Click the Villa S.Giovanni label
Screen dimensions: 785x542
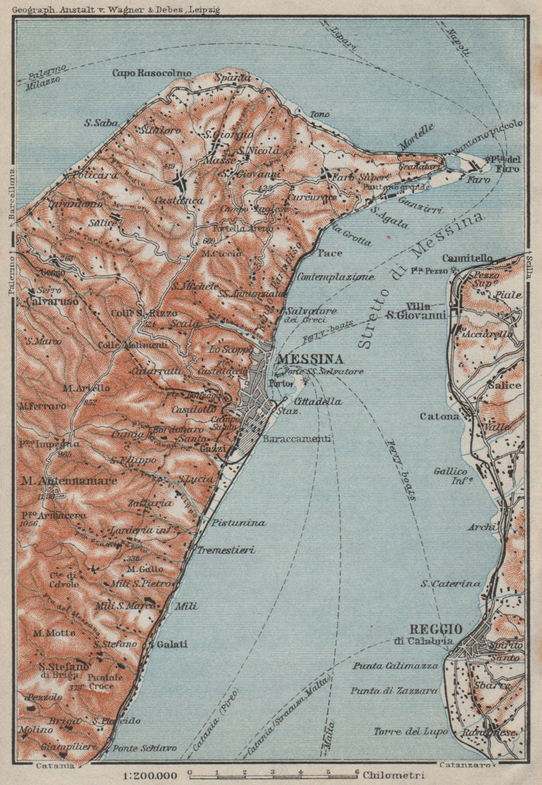coord(423,310)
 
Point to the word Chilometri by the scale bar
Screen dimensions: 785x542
coord(393,775)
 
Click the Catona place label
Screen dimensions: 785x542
coord(439,416)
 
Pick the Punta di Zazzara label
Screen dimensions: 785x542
coord(394,690)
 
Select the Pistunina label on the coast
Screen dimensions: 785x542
coord(239,523)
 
